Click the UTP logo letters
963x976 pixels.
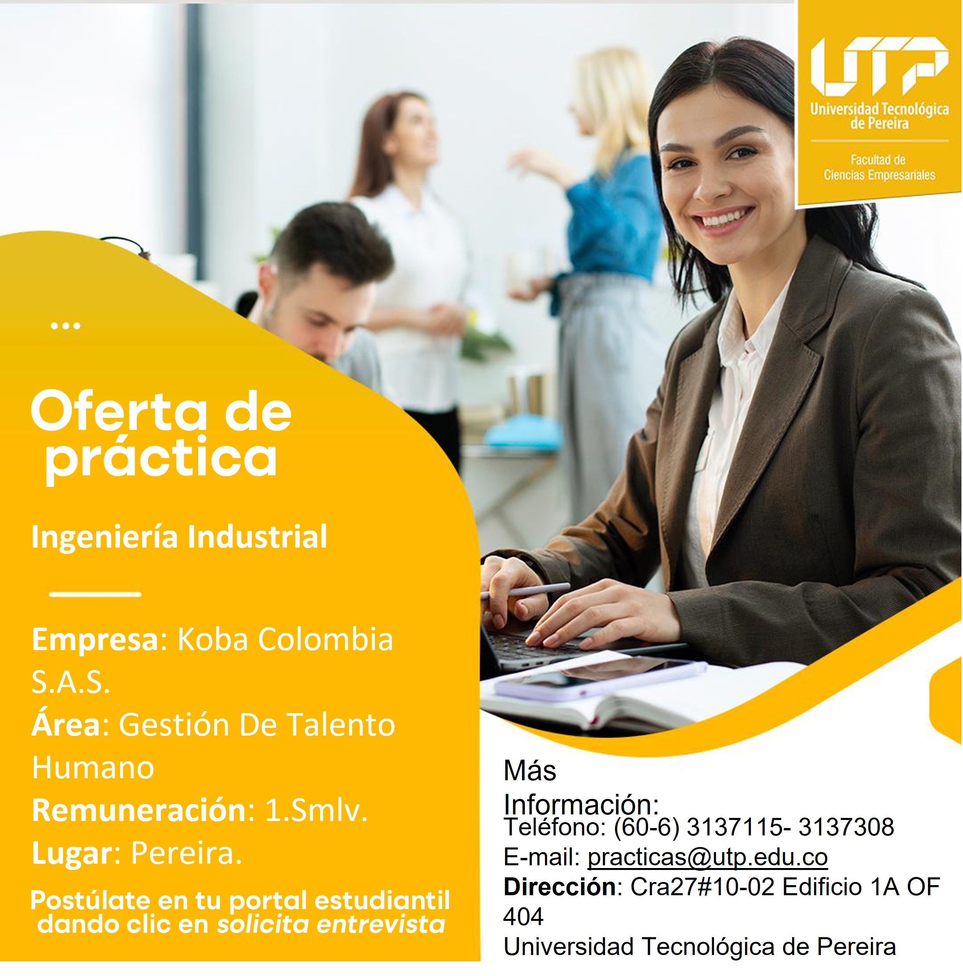(879, 66)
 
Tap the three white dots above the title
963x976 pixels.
(66, 326)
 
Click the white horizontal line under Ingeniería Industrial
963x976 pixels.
(95, 594)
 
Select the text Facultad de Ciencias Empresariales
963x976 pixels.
(879, 168)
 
